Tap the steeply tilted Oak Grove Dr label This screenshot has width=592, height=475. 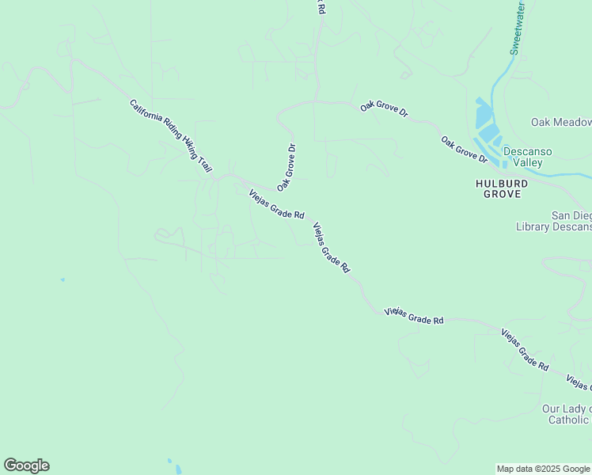coord(287,167)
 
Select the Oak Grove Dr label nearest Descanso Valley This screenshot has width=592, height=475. coord(465,149)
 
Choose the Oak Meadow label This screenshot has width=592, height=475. coord(561,122)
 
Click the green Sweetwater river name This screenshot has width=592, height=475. coord(518,29)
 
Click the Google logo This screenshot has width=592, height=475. coord(26,465)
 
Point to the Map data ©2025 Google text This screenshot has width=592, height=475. coord(543,469)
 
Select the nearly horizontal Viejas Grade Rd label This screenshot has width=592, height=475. coord(414,316)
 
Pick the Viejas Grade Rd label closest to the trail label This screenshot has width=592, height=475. coord(276,204)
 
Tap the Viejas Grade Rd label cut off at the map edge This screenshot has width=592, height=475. coord(579,382)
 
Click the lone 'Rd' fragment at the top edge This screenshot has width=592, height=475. coord(321,6)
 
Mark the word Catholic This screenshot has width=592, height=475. coord(568,420)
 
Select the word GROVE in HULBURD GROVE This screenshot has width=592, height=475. coord(502,193)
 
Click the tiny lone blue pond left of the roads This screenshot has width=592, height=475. coord(63,279)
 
